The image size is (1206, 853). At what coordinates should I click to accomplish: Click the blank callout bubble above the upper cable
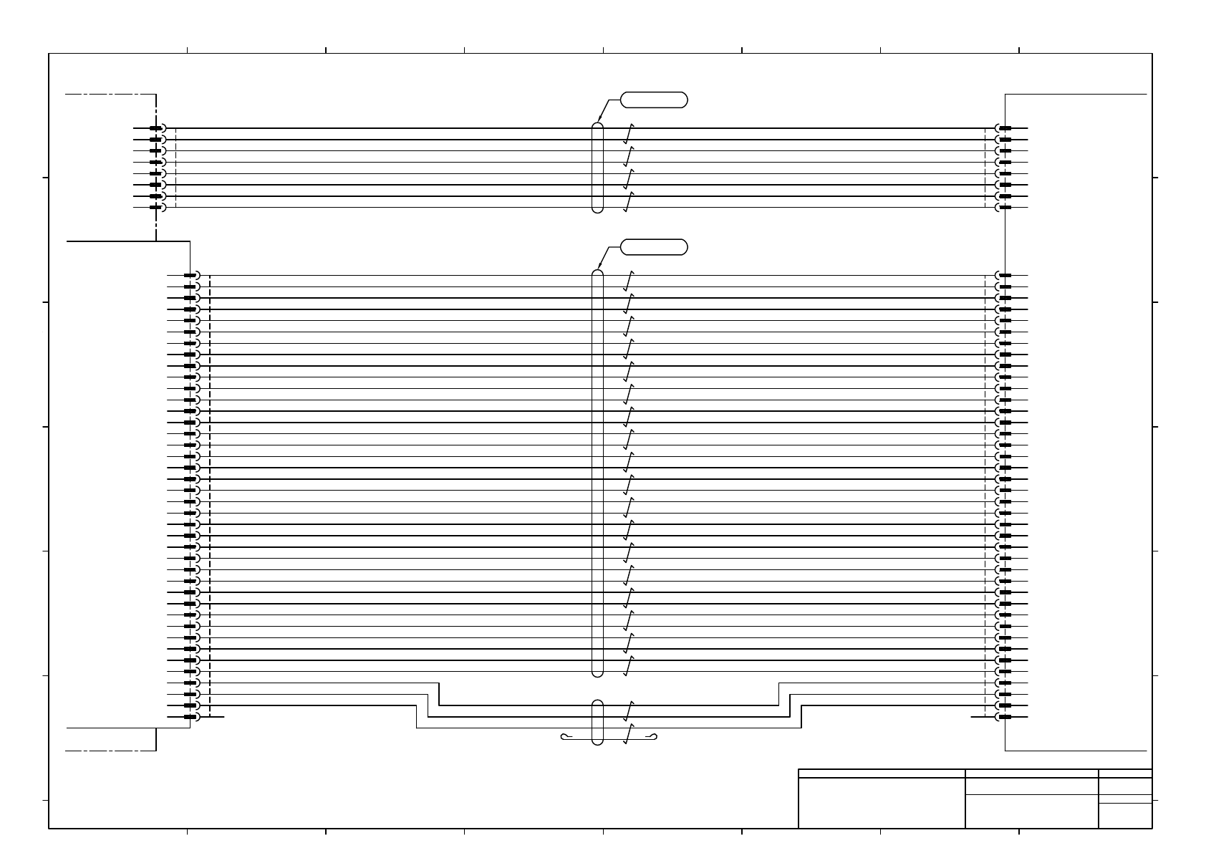click(654, 100)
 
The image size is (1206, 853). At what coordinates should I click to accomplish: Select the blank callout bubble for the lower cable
click(654, 247)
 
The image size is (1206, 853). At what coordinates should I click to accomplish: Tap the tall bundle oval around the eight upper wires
click(598, 168)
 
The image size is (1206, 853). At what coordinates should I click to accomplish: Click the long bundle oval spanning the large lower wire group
click(598, 473)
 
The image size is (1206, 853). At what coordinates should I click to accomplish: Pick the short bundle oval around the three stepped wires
click(598, 722)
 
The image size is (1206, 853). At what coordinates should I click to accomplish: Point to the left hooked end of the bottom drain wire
click(565, 737)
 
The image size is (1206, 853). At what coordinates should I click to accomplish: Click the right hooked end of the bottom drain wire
click(652, 737)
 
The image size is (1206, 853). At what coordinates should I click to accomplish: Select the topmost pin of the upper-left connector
click(156, 128)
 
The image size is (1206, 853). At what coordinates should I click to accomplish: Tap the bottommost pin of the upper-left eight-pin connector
click(156, 208)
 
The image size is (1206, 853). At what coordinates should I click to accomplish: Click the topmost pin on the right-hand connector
click(1005, 128)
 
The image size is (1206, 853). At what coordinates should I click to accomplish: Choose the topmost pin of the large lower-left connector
click(190, 276)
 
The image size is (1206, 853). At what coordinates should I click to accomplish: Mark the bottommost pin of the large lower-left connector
click(190, 717)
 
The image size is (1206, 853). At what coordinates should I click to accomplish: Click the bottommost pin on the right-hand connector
click(1005, 717)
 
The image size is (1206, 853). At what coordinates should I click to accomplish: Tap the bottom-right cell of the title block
click(1125, 816)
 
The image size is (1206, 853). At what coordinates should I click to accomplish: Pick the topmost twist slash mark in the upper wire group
click(629, 134)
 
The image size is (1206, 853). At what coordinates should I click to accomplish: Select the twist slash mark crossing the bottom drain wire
click(629, 733)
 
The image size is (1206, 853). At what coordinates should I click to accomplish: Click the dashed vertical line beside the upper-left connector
click(175, 168)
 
